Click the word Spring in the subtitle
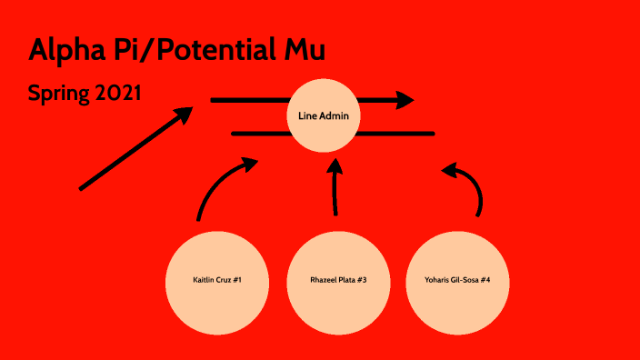58,93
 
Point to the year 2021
117,93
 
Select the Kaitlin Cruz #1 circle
216,279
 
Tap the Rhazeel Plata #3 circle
337,279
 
